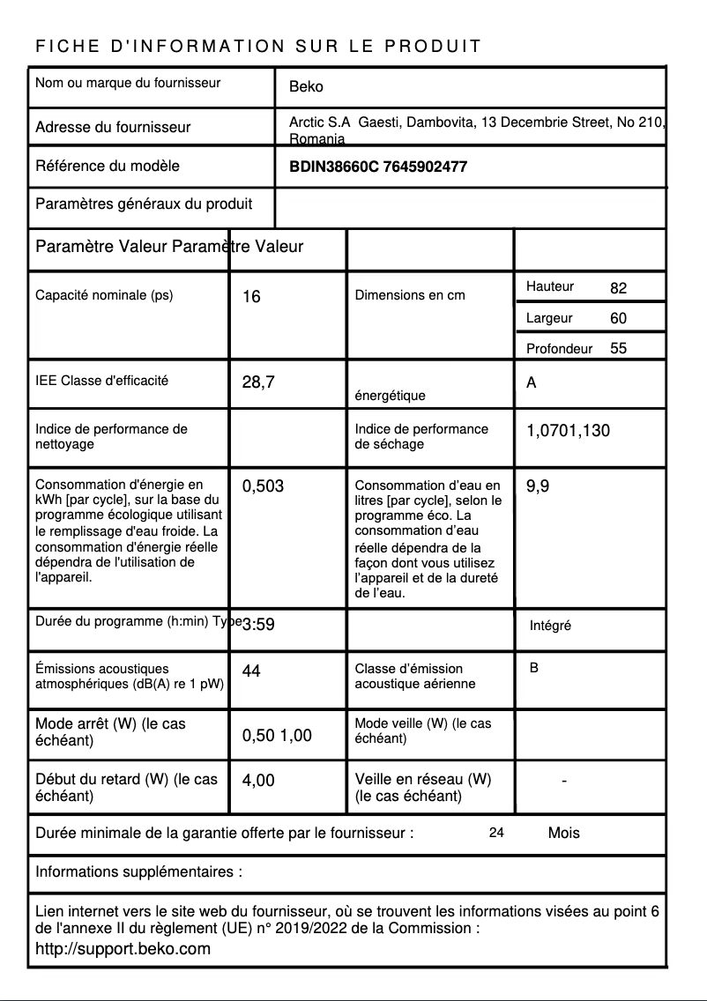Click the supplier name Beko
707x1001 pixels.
point(306,86)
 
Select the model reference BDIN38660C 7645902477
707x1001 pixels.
point(378,167)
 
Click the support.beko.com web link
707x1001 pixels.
point(123,949)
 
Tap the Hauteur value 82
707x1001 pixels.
point(618,288)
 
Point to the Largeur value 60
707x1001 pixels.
point(618,318)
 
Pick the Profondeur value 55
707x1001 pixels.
point(618,348)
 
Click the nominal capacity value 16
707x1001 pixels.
point(251,297)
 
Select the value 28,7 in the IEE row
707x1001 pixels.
point(258,382)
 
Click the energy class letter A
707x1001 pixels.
point(531,383)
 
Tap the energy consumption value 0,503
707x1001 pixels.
point(263,486)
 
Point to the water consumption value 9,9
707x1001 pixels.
point(538,486)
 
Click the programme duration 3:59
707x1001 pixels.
point(258,625)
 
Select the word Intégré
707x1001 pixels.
point(550,626)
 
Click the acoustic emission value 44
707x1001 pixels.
point(251,671)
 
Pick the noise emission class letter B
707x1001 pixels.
point(534,668)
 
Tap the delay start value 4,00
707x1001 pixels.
point(258,780)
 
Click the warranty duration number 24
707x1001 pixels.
point(496,832)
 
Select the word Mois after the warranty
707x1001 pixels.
point(563,833)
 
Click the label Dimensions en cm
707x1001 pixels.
point(409,295)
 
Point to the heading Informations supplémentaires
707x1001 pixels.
point(138,872)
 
